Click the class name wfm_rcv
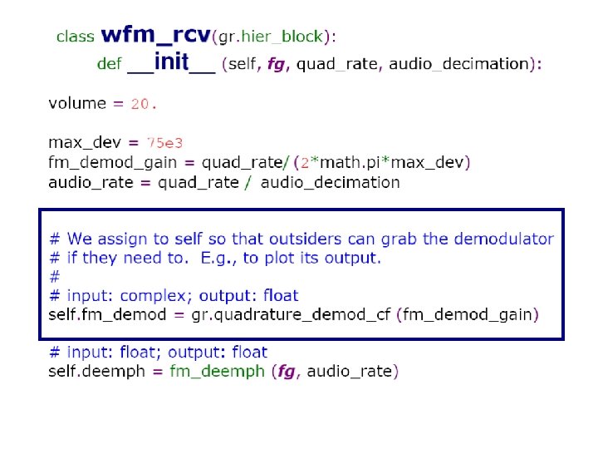coord(155,36)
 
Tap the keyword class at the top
coord(75,37)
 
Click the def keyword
coord(109,64)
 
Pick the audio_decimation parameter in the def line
coord(459,64)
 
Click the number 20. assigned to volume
coord(144,104)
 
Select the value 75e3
coord(164,143)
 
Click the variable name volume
coord(77,104)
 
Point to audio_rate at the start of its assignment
coord(89,182)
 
